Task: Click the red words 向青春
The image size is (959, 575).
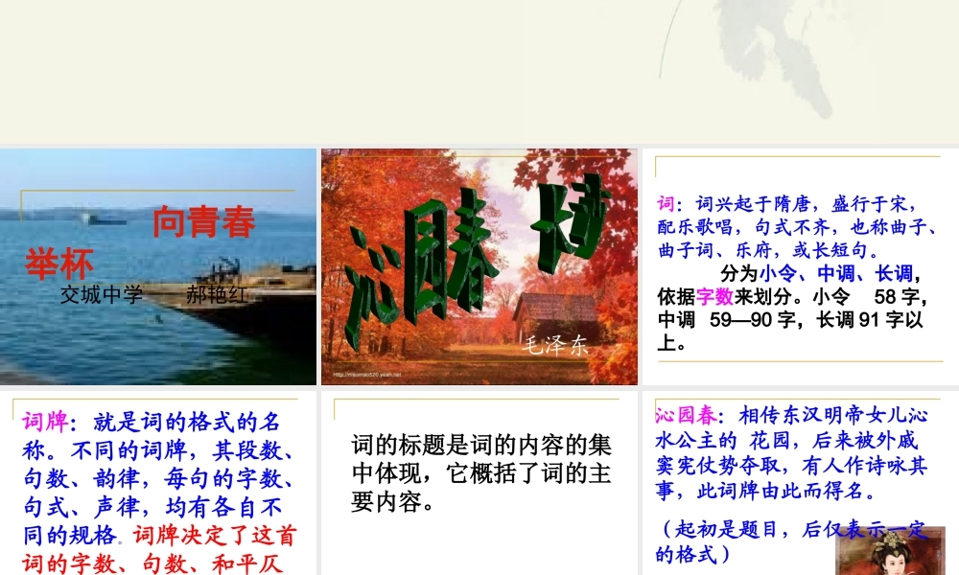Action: [203, 222]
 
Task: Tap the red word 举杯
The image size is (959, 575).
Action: [59, 264]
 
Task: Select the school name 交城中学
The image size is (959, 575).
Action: [101, 294]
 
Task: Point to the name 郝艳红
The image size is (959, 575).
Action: [216, 294]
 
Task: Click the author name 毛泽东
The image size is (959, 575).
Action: [553, 347]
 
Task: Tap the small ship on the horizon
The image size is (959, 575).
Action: [105, 218]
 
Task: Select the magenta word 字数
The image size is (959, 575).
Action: [715, 295]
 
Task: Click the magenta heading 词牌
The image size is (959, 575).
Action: [44, 421]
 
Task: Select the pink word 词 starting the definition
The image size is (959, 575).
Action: [666, 204]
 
